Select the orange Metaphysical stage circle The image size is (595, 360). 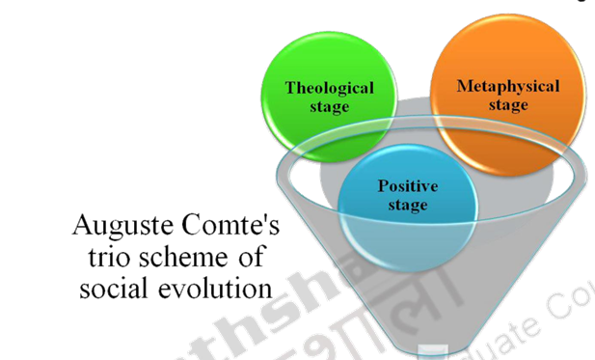(x=507, y=95)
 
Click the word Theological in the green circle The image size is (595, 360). (x=329, y=88)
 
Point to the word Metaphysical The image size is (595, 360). (x=507, y=86)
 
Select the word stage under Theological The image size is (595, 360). (x=329, y=106)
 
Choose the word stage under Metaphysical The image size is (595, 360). (x=507, y=104)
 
